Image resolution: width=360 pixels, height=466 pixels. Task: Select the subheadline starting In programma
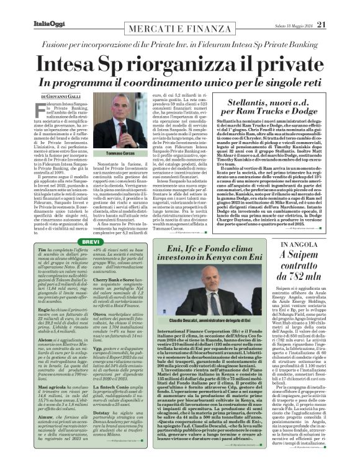[180, 83]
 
